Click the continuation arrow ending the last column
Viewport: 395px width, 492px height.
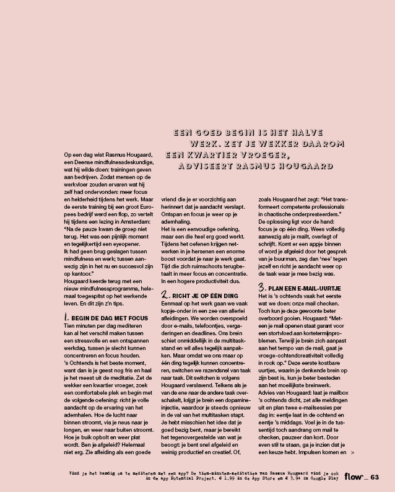coord(352,453)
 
